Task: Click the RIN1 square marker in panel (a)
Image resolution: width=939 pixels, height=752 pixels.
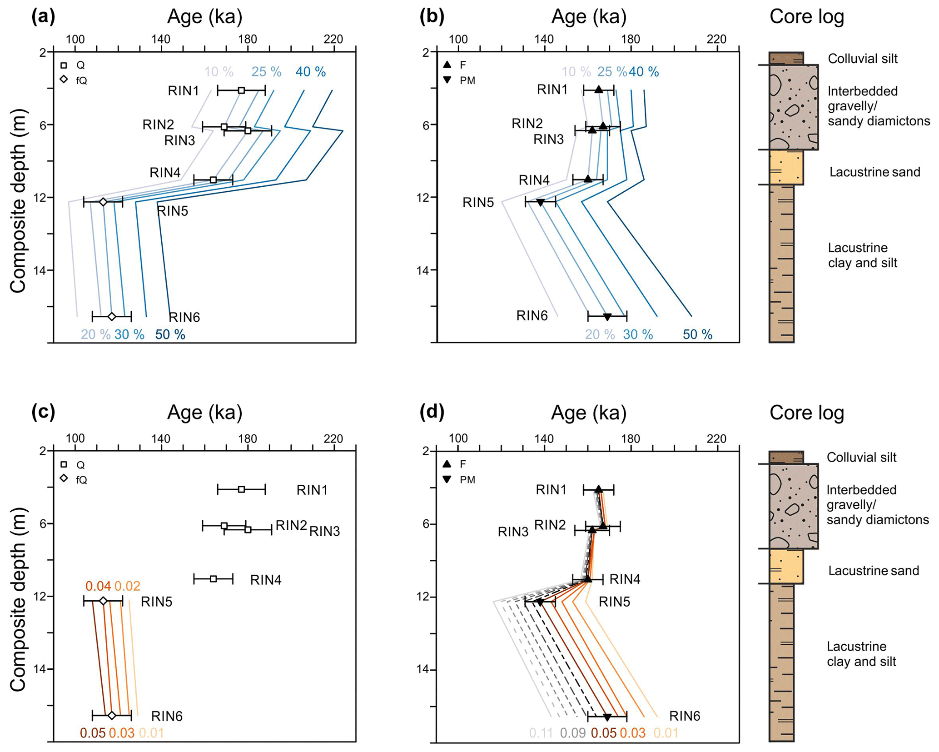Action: [x=241, y=90]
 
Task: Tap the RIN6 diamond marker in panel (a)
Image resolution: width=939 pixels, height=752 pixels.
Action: [x=112, y=316]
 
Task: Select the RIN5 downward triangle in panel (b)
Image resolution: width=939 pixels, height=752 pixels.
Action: [x=540, y=202]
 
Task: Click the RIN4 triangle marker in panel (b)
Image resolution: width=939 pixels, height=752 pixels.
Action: [x=588, y=179]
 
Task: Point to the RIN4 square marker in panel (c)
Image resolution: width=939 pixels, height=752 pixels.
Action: [x=213, y=579]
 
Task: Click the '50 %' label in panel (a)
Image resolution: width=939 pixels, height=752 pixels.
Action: [x=170, y=334]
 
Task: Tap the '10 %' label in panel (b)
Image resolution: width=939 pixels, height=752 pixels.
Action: [x=576, y=72]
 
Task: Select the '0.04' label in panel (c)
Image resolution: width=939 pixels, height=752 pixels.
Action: [x=98, y=586]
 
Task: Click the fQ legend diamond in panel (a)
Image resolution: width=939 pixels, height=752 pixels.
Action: [x=64, y=80]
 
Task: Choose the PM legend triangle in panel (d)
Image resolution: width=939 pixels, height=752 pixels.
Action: [x=447, y=479]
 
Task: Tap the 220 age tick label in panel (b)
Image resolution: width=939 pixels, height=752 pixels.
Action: [x=716, y=40]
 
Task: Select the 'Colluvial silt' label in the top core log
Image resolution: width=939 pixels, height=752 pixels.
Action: [x=862, y=59]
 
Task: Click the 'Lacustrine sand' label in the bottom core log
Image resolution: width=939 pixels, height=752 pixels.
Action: [x=873, y=571]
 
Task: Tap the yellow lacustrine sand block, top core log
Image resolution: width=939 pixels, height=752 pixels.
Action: [x=786, y=167]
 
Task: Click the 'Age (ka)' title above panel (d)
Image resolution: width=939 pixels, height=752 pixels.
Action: [x=588, y=413]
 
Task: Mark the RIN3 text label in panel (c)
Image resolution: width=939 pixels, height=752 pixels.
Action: [x=324, y=531]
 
